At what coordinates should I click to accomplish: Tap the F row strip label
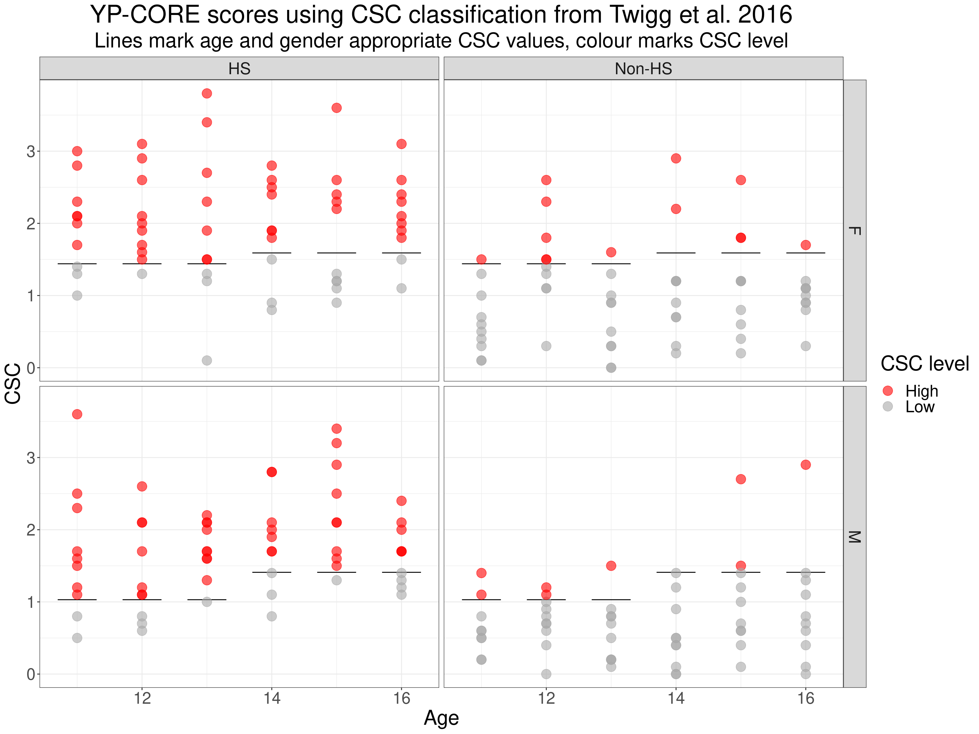[854, 231]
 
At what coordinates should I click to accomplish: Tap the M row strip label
[854, 537]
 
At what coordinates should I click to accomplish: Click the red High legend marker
[888, 390]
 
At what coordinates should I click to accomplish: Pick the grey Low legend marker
[888, 406]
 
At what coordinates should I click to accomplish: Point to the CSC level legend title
[925, 364]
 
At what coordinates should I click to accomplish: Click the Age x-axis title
[441, 718]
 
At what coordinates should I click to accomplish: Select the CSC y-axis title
[13, 383]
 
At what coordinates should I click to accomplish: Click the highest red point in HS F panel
[207, 93]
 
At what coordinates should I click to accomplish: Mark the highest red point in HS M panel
[77, 414]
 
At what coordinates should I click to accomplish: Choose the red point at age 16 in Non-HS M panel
[806, 464]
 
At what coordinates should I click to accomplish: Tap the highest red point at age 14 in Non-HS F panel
[676, 158]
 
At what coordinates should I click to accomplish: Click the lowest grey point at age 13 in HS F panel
[207, 361]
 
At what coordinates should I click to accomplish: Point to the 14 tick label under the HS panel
[272, 699]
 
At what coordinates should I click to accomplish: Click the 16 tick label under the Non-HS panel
[806, 699]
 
